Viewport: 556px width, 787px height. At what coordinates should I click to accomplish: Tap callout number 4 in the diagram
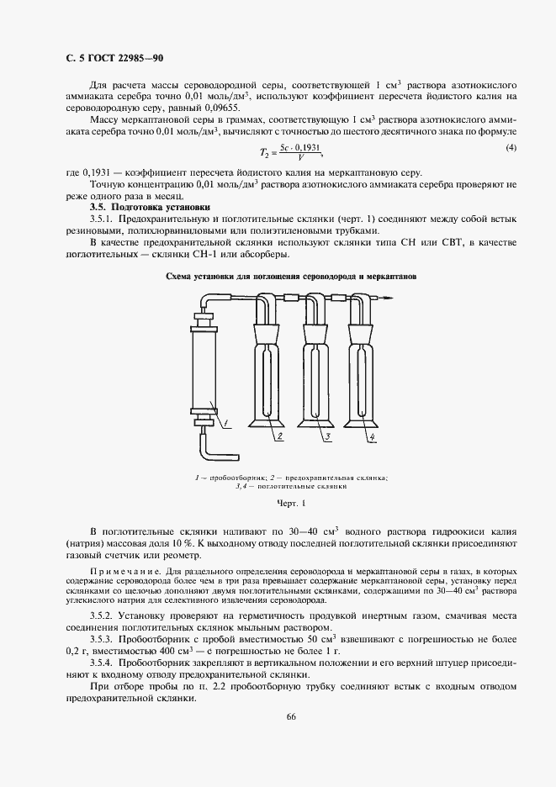point(371,438)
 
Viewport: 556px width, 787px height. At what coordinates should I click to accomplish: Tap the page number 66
point(291,717)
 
